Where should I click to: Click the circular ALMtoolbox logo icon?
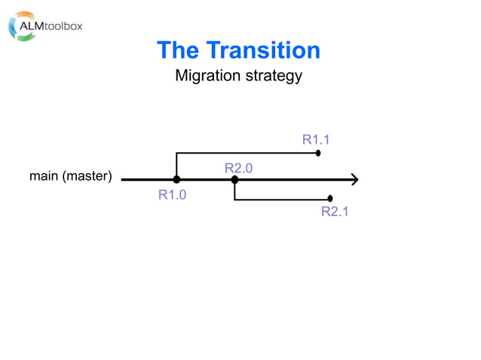click(x=20, y=26)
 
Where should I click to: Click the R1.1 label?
click(x=316, y=139)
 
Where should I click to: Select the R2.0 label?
click(x=238, y=168)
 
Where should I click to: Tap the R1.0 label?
click(x=172, y=195)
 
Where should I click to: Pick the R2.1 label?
click(x=335, y=212)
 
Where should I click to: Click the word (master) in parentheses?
click(x=87, y=177)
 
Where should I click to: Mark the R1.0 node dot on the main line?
click(x=176, y=180)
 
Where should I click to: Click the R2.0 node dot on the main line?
click(x=234, y=180)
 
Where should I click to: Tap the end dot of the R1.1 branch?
click(x=318, y=153)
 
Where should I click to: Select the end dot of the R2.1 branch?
click(x=330, y=199)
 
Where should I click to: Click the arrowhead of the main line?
click(x=353, y=180)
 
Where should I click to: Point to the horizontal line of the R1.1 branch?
click(x=249, y=153)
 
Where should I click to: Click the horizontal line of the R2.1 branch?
click(x=283, y=200)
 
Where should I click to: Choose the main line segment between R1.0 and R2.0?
click(x=205, y=180)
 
